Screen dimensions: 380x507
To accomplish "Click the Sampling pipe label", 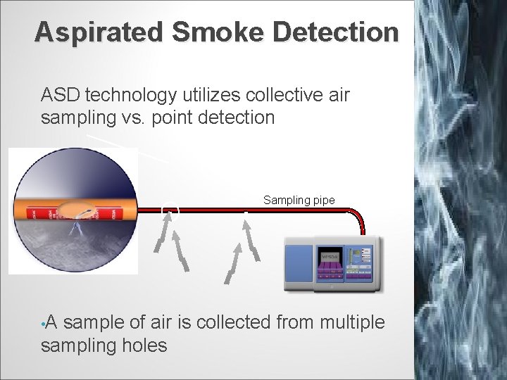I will (x=299, y=200).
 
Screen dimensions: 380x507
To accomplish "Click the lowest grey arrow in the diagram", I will (x=231, y=271).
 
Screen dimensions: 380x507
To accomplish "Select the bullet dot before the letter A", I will (x=43, y=324).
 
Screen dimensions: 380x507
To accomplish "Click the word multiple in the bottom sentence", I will (x=352, y=322).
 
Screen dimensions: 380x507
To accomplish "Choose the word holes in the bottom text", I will (x=144, y=346).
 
